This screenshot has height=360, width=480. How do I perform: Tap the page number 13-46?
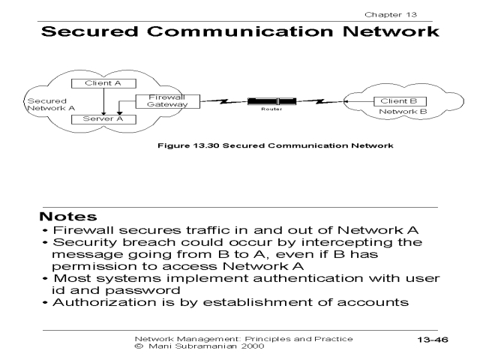pos(432,340)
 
